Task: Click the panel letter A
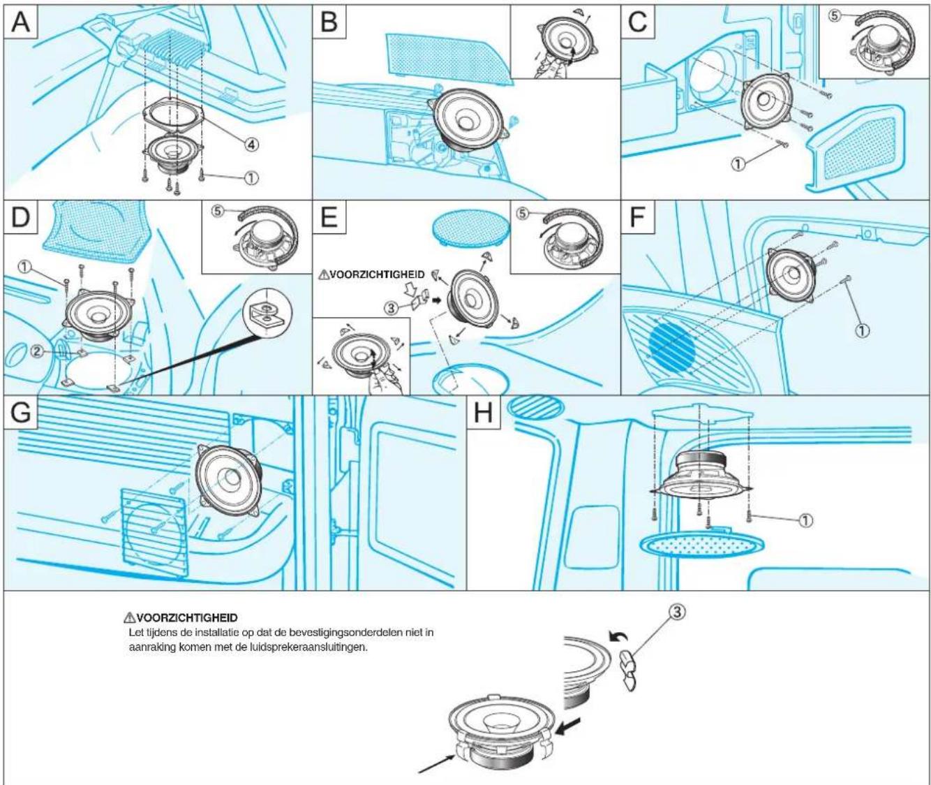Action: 20,21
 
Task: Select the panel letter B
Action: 329,21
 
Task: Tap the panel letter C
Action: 638,21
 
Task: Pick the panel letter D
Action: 20,217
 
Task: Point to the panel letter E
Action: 329,217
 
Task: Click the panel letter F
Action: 638,217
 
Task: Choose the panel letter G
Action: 20,412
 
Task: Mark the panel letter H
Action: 484,412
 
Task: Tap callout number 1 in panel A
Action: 251,177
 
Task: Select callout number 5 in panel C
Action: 834,15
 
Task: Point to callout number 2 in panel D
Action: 37,352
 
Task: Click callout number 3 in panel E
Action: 391,308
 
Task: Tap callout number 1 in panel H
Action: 805,520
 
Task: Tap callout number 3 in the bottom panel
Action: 676,612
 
